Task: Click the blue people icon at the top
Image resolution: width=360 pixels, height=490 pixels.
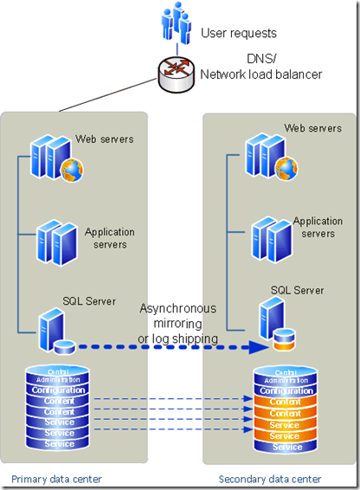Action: pos(177,23)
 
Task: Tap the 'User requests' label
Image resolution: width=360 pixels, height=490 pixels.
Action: pos(239,34)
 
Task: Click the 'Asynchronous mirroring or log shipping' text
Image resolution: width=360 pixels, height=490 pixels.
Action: pos(178,323)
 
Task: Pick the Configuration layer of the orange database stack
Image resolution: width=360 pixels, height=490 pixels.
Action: pos(286,390)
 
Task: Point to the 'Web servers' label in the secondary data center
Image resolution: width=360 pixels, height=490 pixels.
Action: pos(312,129)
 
